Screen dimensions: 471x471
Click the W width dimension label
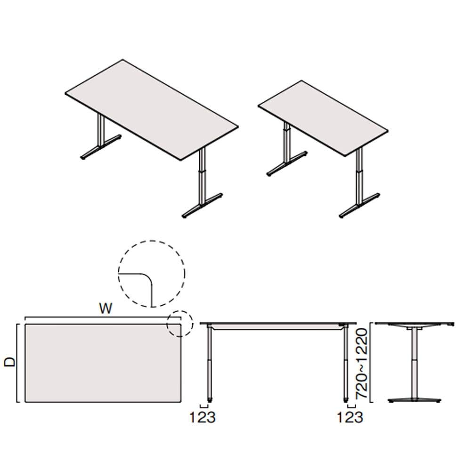(x=106, y=309)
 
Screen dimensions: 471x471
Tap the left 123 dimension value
(x=203, y=417)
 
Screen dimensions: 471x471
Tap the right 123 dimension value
(x=350, y=417)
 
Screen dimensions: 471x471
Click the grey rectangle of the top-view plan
(x=103, y=363)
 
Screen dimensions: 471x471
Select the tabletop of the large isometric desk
(x=152, y=110)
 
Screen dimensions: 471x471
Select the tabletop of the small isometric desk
(x=323, y=118)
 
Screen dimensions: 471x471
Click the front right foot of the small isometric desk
(x=360, y=206)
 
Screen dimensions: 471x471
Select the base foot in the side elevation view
(x=414, y=400)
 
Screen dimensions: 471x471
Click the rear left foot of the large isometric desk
(x=101, y=148)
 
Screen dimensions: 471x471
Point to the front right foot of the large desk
(x=203, y=206)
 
